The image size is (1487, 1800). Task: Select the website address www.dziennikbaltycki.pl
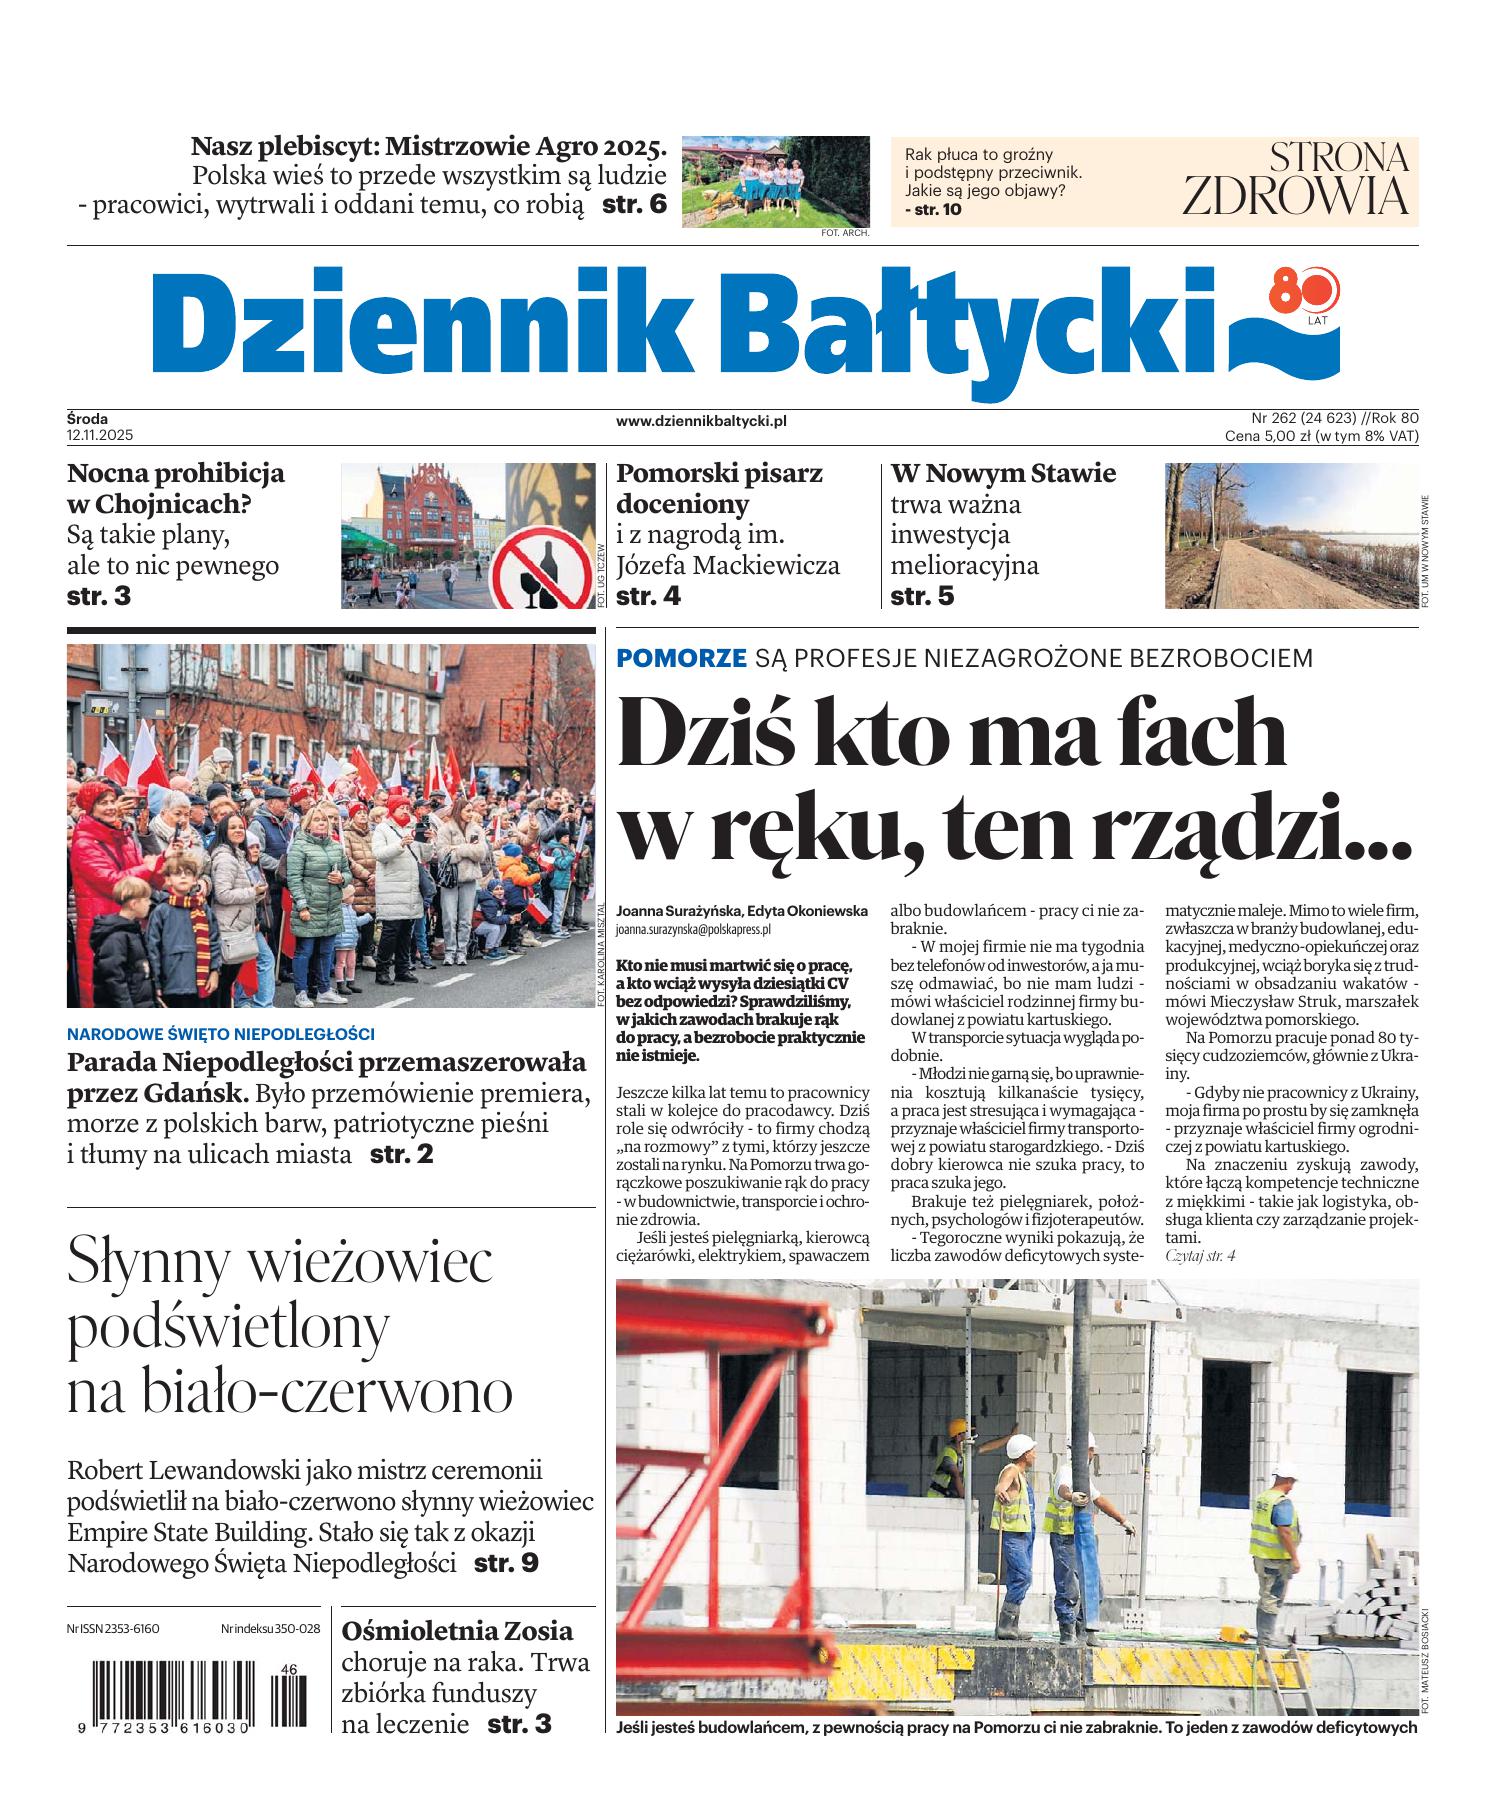coord(701,421)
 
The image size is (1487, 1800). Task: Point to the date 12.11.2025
coord(100,436)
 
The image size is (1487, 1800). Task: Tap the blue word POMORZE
coord(681,658)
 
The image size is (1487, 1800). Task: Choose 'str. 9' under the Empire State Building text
coord(506,1562)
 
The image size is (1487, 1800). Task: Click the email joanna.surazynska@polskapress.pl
coord(693,929)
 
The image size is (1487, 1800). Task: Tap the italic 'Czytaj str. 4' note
coord(1200,1254)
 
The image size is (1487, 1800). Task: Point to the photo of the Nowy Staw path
coord(1290,535)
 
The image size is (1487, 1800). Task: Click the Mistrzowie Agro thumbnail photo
coord(775,181)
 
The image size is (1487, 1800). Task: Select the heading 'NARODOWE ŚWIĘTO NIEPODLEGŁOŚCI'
coord(221,1033)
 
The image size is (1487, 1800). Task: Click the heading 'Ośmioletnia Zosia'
coord(457,1631)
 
